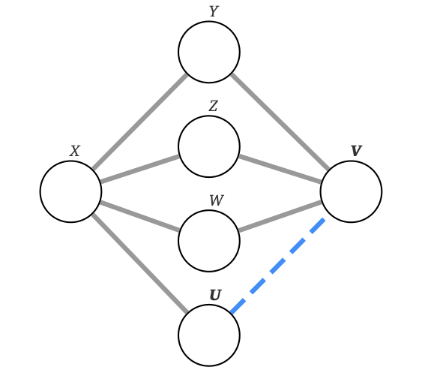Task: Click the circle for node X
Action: [70, 191]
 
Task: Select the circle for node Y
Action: [209, 52]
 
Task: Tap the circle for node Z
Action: [209, 146]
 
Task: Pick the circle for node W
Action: [209, 241]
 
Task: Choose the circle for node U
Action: [209, 335]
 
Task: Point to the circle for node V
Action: [351, 191]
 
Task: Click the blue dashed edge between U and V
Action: [278, 266]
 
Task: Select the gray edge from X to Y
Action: [139, 122]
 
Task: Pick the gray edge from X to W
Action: [139, 215]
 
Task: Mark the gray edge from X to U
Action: [139, 263]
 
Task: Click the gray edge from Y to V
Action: [280, 122]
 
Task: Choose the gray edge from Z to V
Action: [280, 169]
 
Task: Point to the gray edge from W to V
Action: [280, 215]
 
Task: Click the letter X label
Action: [74, 152]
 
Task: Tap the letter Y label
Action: [213, 12]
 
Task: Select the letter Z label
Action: [213, 107]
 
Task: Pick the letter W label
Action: [216, 201]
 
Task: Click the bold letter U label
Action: [215, 296]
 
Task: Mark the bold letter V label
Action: [356, 152]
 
